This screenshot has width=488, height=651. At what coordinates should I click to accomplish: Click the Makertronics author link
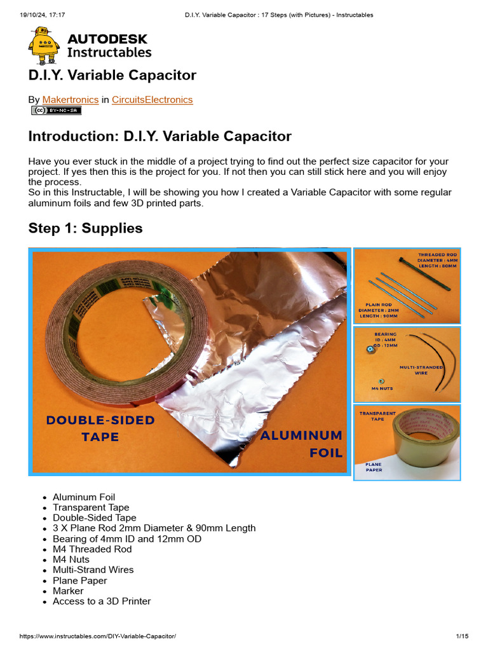tap(70, 100)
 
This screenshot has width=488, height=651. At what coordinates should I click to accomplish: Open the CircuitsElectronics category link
tap(152, 100)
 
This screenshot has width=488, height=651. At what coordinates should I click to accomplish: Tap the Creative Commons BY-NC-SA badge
tap(57, 111)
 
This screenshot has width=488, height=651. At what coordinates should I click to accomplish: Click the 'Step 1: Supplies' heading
tap(86, 228)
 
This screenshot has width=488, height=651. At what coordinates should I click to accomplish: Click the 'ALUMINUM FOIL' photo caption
tap(302, 444)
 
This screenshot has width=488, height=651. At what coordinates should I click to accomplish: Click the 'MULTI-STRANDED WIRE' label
tap(421, 370)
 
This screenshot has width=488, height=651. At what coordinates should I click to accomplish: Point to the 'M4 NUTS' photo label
tap(383, 387)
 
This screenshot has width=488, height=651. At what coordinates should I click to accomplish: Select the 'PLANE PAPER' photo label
tap(374, 467)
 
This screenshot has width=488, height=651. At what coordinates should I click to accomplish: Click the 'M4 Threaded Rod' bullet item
tap(92, 549)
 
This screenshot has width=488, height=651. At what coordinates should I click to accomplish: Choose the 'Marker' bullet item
tap(68, 591)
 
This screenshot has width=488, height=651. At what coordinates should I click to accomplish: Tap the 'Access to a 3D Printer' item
tap(102, 601)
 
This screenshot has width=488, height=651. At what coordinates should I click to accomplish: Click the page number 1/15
tap(462, 636)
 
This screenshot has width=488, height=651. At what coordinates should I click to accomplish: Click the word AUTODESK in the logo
tap(107, 39)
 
